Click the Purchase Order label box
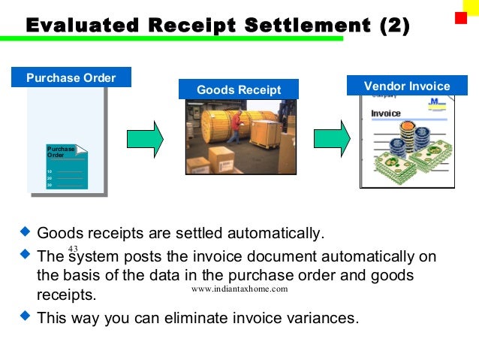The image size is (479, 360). point(71,77)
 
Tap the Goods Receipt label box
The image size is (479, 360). point(238,89)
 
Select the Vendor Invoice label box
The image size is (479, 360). point(406,86)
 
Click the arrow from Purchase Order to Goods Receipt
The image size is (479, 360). point(145,139)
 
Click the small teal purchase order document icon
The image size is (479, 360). point(67,165)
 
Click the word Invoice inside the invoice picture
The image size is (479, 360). point(386,113)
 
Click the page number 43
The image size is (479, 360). point(73,249)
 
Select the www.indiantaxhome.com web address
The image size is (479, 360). point(239,289)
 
